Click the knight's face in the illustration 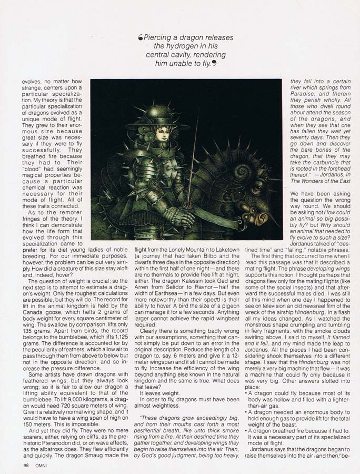[x=163, y=134]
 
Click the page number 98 [x=26, y=466]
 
